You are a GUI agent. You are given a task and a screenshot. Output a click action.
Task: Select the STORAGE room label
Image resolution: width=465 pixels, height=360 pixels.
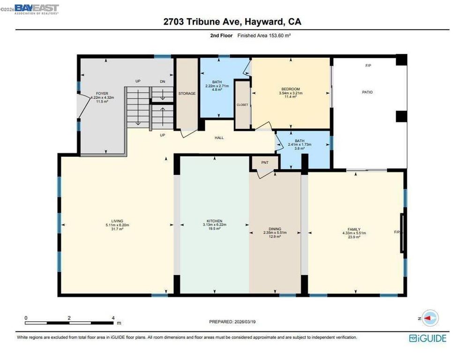(187, 94)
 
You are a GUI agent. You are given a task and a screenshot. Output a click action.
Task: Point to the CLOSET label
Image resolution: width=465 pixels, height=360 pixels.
(242, 105)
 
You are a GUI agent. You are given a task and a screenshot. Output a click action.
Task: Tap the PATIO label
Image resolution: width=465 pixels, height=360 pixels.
(367, 92)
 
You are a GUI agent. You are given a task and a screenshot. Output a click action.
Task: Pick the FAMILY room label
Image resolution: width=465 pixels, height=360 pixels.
(354, 229)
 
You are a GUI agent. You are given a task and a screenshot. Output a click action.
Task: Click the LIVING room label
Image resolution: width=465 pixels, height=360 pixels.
(117, 221)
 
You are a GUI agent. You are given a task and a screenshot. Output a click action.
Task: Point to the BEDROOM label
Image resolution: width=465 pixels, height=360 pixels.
(291, 89)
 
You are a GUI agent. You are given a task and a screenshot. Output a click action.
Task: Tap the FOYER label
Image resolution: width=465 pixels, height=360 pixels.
(102, 94)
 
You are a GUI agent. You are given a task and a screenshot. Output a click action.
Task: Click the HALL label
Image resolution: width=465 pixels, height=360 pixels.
(219, 138)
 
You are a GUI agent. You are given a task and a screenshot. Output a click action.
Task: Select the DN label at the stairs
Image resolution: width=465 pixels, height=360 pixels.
(163, 82)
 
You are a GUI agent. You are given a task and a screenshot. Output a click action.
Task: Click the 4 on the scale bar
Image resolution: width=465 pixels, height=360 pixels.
(112, 318)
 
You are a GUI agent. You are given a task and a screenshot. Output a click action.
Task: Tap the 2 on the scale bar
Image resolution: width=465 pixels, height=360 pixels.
(69, 318)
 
